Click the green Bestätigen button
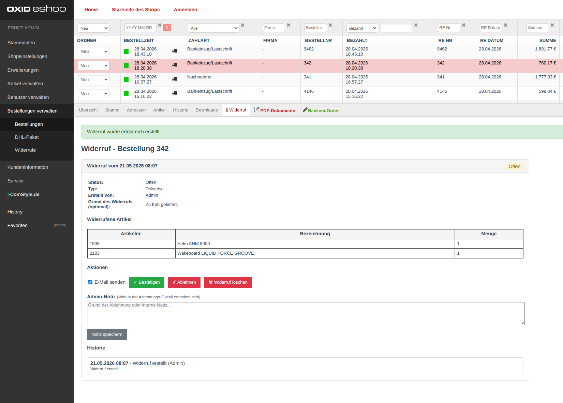147,282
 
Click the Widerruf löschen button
228,282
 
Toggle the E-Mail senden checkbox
90,282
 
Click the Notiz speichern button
107,334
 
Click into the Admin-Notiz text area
306,314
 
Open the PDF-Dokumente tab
275,110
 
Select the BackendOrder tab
321,110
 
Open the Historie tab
180,110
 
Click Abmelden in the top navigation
186,10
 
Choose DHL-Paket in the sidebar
27,137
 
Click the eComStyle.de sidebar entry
24,194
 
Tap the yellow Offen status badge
515,166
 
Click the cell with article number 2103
131,253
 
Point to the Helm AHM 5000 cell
315,244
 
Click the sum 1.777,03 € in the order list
545,77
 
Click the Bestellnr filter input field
315,28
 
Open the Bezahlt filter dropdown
362,28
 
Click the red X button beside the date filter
167,27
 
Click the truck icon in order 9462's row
175,51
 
